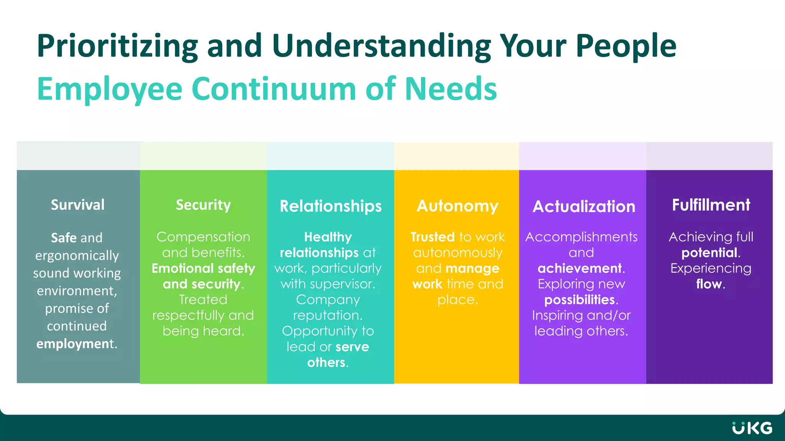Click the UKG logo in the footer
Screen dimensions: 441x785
tap(752, 428)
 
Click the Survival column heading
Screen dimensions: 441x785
tap(78, 205)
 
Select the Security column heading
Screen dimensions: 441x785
tap(203, 205)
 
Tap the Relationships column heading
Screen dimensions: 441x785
tap(330, 206)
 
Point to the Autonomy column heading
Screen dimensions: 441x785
tap(457, 206)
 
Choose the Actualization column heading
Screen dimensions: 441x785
tap(584, 207)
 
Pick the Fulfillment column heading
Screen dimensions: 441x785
tap(711, 205)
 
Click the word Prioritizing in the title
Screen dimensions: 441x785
tap(117, 46)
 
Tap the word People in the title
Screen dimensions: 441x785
tap(626, 46)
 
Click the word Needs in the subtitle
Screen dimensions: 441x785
tap(451, 89)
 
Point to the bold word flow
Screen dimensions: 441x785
tap(709, 284)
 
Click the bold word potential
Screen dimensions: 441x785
tap(709, 253)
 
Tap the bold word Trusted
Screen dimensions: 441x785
tap(432, 237)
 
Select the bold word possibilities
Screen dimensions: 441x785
tap(579, 300)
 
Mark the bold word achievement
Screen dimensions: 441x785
tap(579, 268)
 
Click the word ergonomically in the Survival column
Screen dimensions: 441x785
tap(77, 255)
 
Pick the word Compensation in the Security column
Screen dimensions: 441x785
tap(203, 237)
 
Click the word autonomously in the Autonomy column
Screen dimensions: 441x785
tap(458, 253)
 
